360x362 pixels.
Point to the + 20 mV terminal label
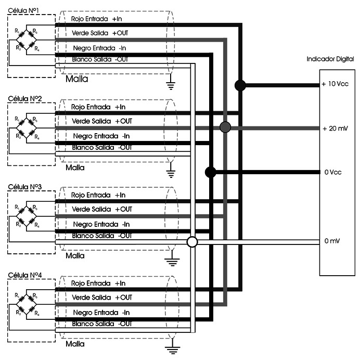335,128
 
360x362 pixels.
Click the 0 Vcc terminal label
333,172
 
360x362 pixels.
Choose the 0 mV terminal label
332,241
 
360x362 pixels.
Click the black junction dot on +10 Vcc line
240,85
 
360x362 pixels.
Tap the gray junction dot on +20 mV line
225,127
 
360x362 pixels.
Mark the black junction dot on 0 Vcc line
210,172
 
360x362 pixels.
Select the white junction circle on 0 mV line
192,242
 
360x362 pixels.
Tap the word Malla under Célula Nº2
76,169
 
